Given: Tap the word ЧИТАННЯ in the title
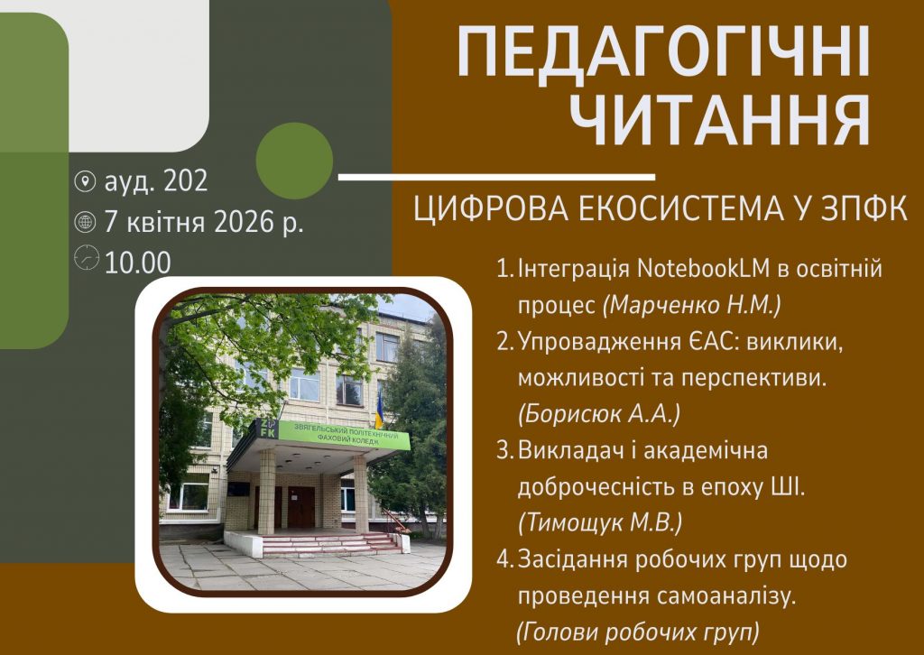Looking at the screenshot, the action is [723, 119].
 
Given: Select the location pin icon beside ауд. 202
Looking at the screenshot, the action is [85, 180].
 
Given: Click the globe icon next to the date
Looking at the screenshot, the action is [85, 222].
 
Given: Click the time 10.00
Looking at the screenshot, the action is [138, 263].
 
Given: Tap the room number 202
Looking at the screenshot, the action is [186, 180].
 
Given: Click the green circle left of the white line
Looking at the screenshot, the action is [295, 161].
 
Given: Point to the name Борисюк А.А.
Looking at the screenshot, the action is [599, 414].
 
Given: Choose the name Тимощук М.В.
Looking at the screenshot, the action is [600, 523].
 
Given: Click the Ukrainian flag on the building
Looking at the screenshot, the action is [379, 411].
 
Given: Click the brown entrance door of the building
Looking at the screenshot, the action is [300, 507].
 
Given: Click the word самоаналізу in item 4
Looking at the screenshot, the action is [725, 596].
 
